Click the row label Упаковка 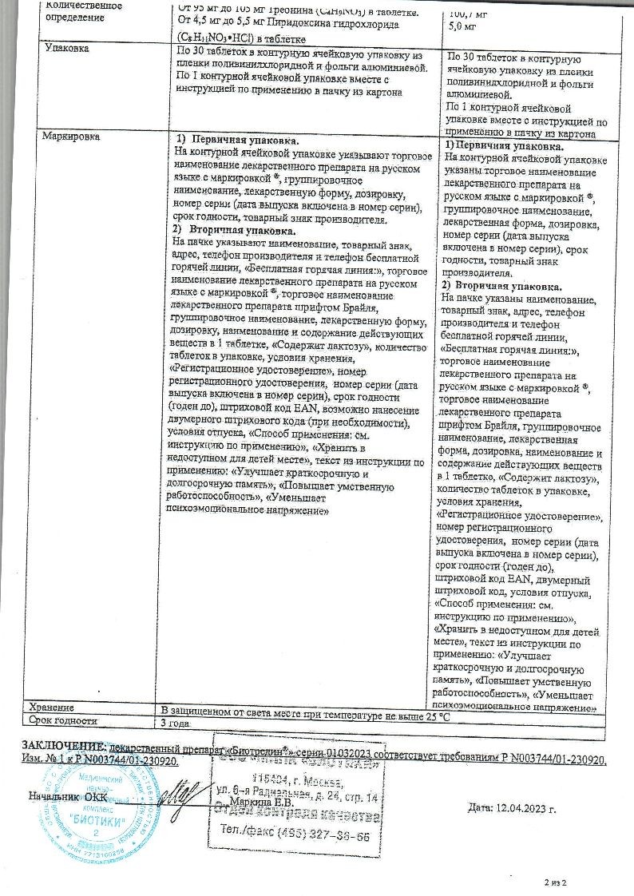[x=67, y=49]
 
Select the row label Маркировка [x=72, y=137]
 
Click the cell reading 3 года [x=176, y=722]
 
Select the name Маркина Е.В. [x=260, y=803]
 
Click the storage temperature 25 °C [x=434, y=708]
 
